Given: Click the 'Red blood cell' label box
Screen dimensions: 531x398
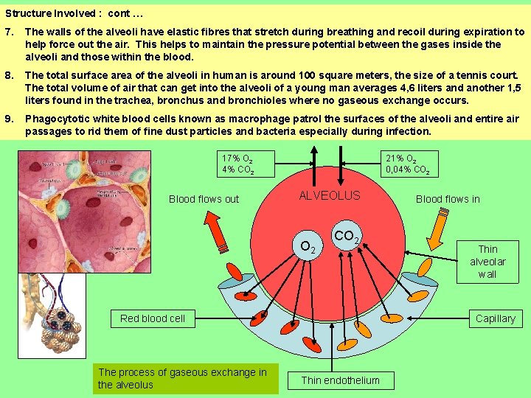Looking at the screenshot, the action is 153,318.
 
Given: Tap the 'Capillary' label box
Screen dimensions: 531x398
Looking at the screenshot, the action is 495,318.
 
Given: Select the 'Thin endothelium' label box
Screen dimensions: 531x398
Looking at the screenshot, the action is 341,380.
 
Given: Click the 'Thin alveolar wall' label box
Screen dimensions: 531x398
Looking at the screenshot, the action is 487,262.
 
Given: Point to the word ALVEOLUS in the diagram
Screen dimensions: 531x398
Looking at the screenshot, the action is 329,196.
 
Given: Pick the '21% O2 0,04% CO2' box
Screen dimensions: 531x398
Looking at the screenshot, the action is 407,164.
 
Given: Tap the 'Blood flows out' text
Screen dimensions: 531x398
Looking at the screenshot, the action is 204,199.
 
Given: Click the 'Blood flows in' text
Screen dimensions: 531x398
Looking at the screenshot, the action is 448,199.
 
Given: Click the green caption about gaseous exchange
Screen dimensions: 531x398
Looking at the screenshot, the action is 185,379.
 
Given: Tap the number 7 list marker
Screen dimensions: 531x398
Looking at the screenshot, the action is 8,32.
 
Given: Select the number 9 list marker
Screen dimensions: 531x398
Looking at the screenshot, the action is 8,119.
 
